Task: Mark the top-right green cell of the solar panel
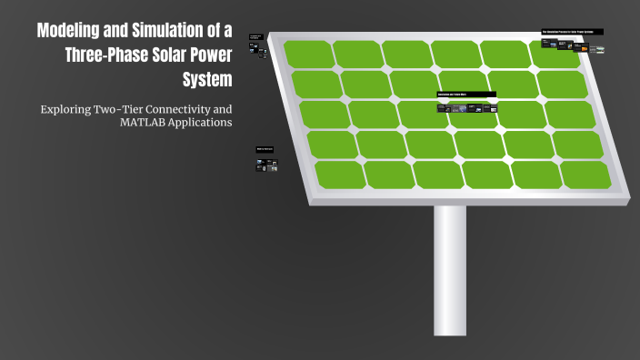coord(552,55)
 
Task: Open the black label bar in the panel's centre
coord(466,95)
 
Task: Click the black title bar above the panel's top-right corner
coord(573,32)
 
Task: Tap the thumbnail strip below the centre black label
coord(466,108)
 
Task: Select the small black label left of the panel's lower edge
coord(265,149)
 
